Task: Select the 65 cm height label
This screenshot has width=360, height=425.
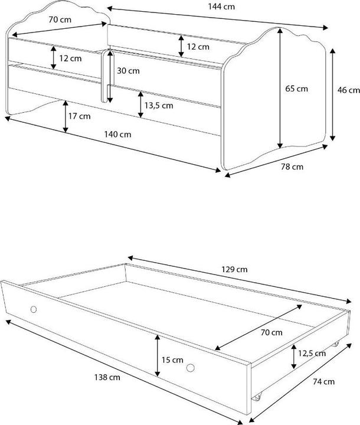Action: click(x=296, y=89)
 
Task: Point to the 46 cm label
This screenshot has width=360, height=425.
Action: click(x=348, y=90)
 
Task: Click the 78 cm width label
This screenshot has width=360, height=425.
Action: click(x=293, y=166)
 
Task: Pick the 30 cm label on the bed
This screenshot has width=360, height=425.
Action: click(x=128, y=71)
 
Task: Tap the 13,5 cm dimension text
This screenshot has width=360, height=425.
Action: click(x=158, y=106)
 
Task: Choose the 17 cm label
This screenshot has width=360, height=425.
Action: click(x=80, y=116)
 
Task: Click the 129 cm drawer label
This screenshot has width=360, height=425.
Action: click(x=235, y=269)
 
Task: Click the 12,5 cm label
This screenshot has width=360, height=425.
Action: click(x=313, y=354)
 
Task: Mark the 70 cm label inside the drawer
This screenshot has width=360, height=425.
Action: click(x=272, y=332)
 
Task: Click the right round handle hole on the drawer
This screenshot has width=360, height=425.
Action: click(x=190, y=369)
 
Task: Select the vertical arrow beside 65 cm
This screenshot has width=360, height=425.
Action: click(x=280, y=89)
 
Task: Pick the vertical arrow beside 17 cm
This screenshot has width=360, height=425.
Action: click(x=66, y=116)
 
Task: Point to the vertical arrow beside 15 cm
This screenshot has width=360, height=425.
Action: click(x=158, y=355)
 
